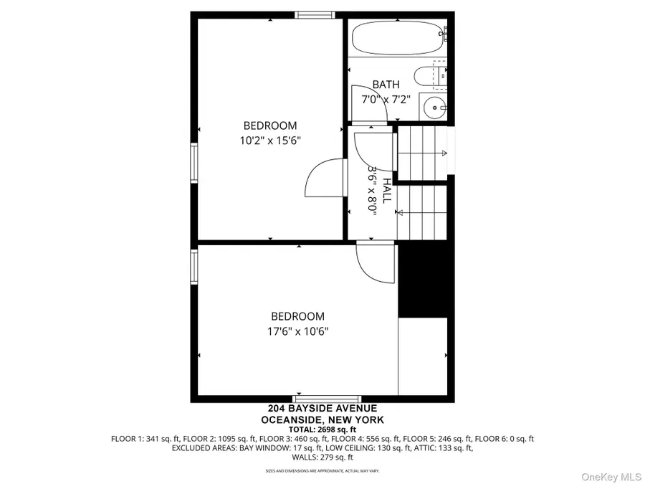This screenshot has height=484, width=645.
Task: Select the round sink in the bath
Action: [434, 108]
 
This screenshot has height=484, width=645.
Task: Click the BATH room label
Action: [386, 85]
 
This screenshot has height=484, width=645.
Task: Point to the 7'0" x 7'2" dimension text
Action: [386, 100]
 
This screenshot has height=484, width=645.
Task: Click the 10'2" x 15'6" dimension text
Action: [269, 141]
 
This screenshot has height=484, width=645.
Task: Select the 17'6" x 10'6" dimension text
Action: [297, 331]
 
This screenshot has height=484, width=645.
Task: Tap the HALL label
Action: [388, 191]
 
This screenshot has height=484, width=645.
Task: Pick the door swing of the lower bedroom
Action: [375, 265]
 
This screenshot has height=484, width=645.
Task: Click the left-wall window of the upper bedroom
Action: [193, 163]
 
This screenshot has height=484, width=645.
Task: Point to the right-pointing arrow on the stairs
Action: [444, 153]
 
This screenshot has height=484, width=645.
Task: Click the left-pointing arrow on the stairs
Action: [400, 212]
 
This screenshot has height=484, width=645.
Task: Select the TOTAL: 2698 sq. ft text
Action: [322, 429]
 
